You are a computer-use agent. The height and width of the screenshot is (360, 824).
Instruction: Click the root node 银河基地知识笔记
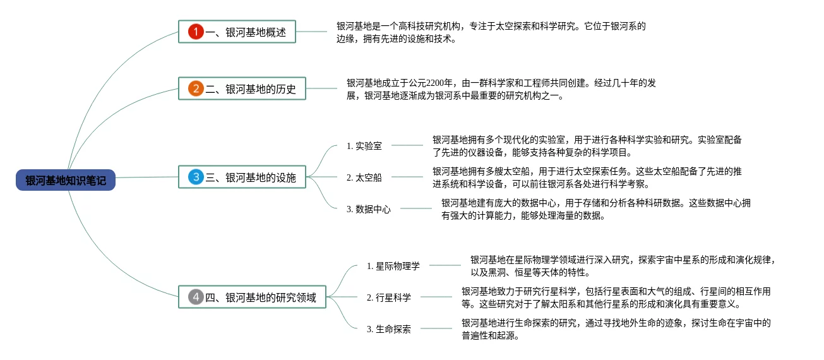click(x=66, y=181)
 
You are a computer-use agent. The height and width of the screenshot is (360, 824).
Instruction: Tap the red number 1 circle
click(x=196, y=32)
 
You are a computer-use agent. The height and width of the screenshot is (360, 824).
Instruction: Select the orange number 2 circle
click(x=196, y=88)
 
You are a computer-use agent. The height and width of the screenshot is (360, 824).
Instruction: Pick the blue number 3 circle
click(x=196, y=177)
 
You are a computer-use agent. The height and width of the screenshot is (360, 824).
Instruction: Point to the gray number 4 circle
click(x=196, y=297)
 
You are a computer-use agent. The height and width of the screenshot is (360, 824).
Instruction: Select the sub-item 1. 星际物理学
click(x=393, y=266)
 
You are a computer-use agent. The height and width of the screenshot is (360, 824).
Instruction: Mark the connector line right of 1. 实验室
click(x=407, y=145)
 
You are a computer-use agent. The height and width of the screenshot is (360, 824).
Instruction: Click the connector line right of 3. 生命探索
click(x=436, y=328)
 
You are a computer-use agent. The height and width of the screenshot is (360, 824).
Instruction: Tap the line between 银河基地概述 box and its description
click(x=312, y=32)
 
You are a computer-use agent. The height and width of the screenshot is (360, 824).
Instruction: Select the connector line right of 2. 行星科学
click(x=436, y=297)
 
